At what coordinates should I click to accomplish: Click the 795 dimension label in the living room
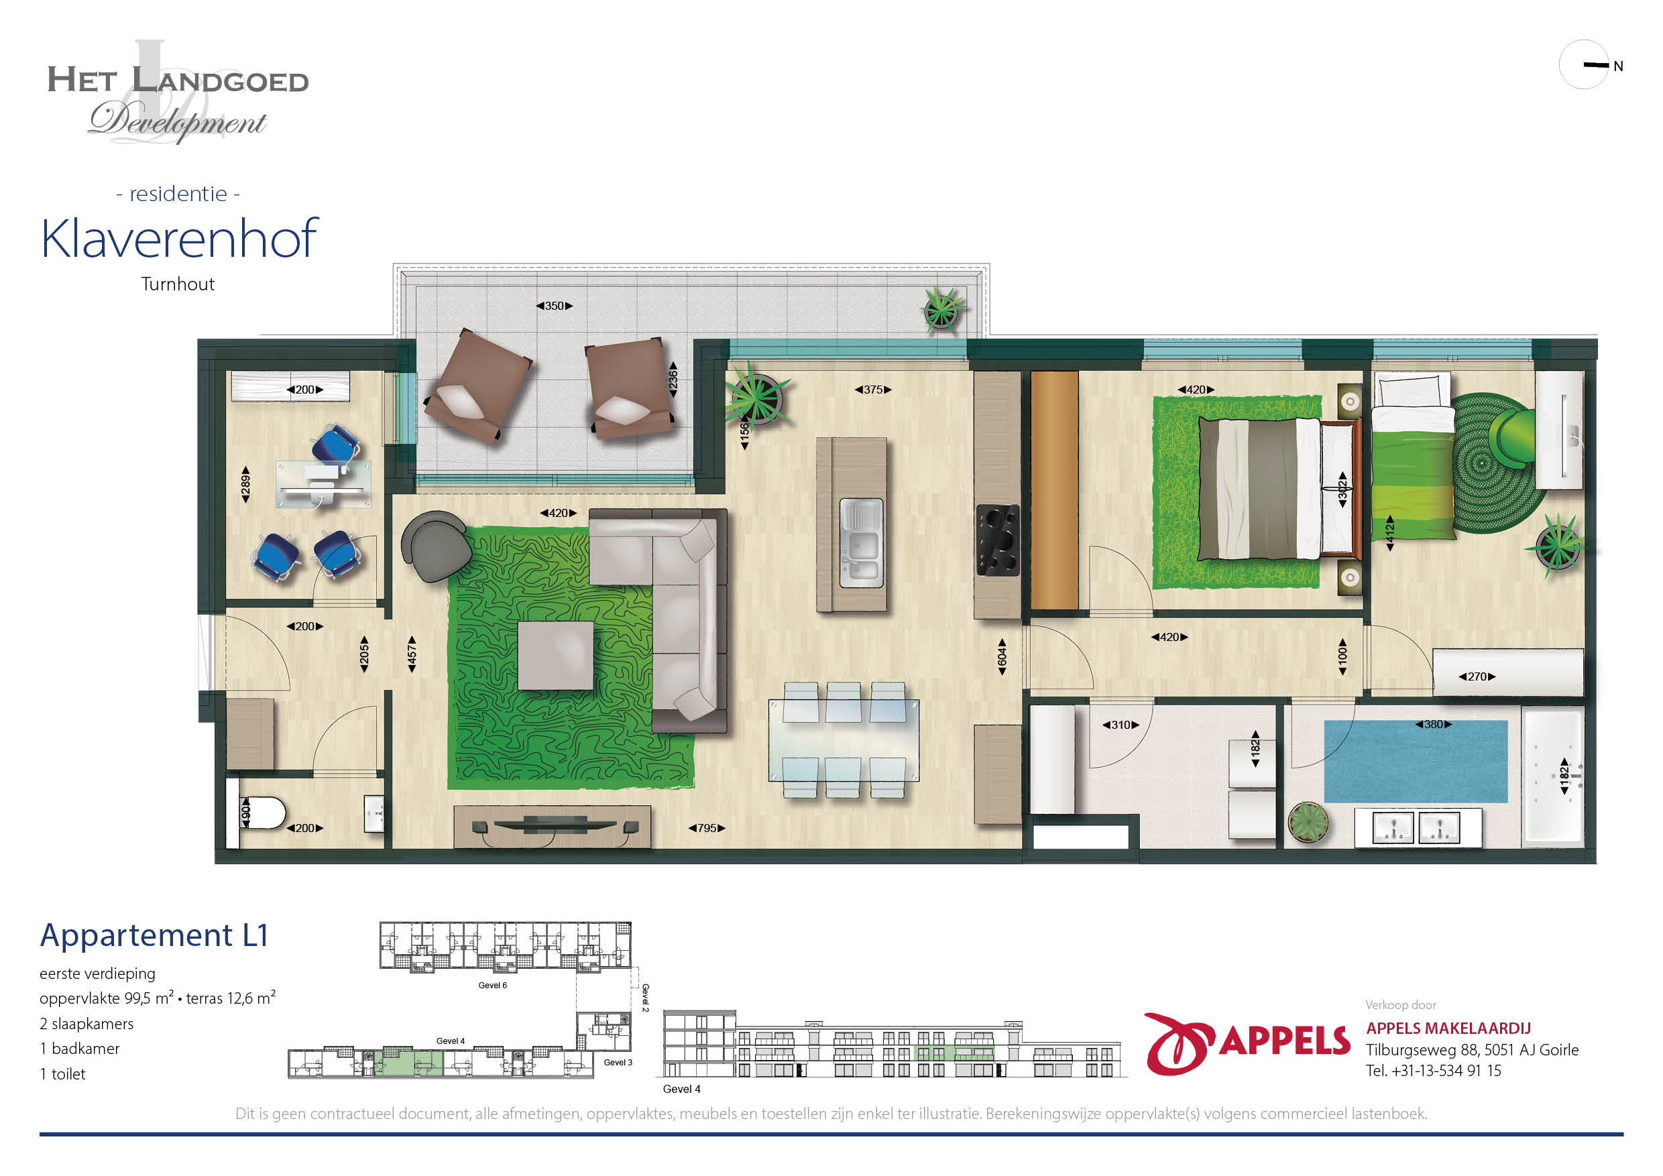pos(706,827)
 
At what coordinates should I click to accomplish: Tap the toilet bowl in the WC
pos(262,813)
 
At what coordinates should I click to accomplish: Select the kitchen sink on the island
pos(861,543)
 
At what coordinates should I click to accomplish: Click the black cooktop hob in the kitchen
pos(997,540)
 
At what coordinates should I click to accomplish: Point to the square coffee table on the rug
pos(555,655)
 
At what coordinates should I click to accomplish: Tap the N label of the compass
pos(1618,66)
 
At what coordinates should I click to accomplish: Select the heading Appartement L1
pos(154,935)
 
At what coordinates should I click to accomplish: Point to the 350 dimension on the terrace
pos(554,306)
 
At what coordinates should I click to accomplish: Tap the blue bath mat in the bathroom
pos(1416,761)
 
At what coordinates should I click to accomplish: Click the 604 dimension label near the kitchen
pos(1002,657)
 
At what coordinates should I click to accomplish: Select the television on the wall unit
pos(555,824)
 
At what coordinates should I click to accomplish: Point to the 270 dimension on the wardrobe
pos(1477,677)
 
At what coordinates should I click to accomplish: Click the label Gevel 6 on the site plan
pos(492,986)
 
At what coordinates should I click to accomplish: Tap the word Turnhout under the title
pos(178,284)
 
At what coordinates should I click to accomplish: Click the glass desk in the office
pos(323,483)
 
